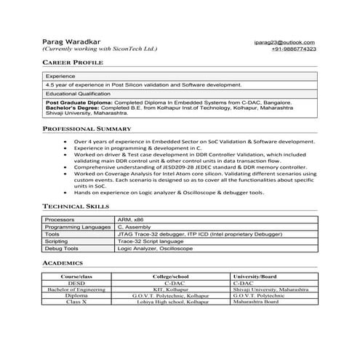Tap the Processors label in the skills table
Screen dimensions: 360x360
(60, 219)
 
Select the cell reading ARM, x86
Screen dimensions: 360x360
(131, 219)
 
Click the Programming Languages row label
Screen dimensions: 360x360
(76, 227)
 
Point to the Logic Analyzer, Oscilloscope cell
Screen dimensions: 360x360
(155, 249)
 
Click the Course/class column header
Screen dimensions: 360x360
(76, 276)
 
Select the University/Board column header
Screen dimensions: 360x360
(255, 276)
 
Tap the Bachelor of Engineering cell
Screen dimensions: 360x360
(76, 289)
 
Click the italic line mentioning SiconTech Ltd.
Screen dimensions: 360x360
(100, 49)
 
